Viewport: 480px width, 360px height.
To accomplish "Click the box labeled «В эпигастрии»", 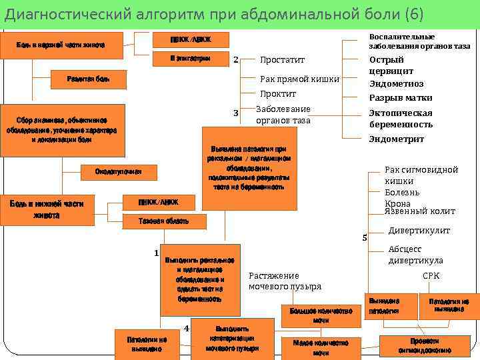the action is coord(190,60).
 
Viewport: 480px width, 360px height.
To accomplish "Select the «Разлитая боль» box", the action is coord(88,80).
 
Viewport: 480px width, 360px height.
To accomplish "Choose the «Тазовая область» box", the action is coord(163,221).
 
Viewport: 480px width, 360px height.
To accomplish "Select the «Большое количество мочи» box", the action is coord(321,315).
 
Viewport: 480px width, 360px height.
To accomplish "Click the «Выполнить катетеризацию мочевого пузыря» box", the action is coord(232,339).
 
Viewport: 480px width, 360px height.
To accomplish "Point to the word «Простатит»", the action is coord(278,59).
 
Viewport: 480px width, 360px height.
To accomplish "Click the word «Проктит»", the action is coord(277,94).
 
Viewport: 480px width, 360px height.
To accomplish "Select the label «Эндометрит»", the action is coord(396,139).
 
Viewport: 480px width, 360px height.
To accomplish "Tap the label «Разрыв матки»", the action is coord(401,98).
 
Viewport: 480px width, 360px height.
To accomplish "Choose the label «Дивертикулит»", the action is coord(419,231).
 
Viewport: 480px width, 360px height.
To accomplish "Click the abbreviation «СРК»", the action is coord(431,275).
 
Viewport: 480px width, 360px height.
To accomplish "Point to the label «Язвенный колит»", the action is coord(420,211).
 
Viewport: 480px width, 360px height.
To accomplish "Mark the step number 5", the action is coord(364,237).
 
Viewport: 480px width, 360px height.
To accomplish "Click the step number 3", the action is coord(235,113).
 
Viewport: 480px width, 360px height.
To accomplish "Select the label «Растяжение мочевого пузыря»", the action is coord(285,281).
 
